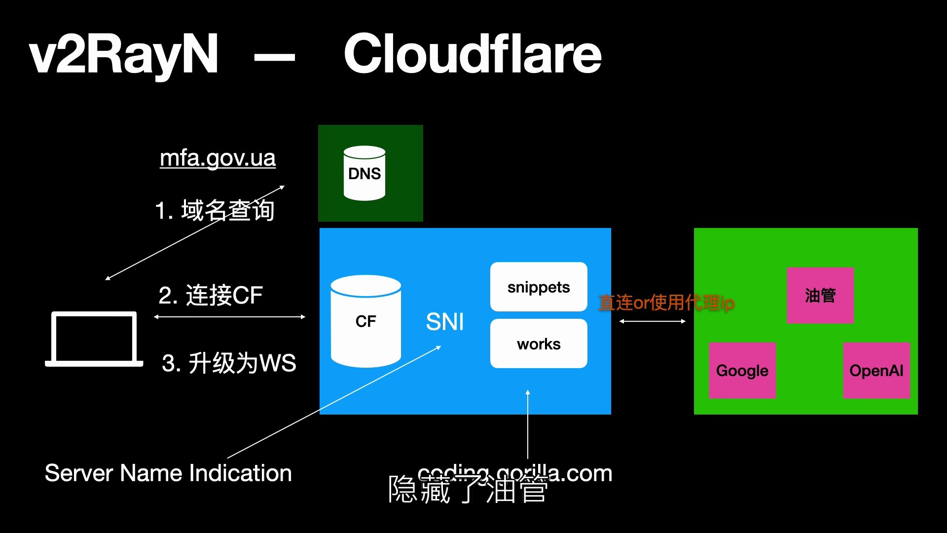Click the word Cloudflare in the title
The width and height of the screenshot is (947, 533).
point(472,54)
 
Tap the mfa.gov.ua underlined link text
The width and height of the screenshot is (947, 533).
point(218,158)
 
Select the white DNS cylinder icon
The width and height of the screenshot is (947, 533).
point(364,173)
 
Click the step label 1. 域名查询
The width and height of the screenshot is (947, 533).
point(215,210)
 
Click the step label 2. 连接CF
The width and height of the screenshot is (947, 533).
point(211,295)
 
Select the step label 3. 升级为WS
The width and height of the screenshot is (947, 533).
point(229,363)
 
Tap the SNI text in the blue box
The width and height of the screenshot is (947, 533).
point(444,322)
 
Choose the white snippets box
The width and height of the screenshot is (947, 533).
point(539,287)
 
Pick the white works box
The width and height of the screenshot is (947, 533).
point(539,343)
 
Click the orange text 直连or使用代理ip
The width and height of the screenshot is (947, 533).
point(666,303)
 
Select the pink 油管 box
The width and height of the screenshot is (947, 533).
point(820,295)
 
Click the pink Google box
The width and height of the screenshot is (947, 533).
point(742,370)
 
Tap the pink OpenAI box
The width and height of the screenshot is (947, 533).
point(876,370)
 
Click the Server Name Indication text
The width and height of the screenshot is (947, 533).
point(168,473)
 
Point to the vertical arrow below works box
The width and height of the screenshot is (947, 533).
point(528,424)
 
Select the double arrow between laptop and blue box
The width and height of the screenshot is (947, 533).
point(229,317)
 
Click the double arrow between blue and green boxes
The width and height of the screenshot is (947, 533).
point(652,321)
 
